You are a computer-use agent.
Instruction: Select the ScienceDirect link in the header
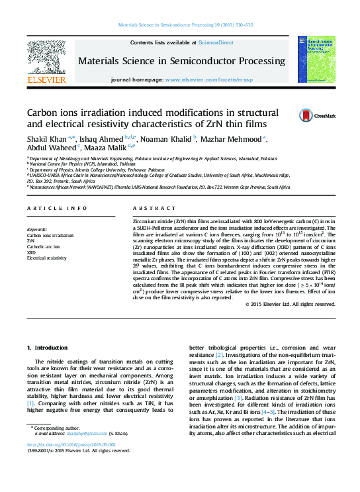click(x=216, y=42)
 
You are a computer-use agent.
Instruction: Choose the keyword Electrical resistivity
click(x=46, y=258)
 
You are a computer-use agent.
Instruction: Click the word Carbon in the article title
click(x=45, y=113)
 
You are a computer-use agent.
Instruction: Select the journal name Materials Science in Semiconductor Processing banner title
click(x=181, y=61)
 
